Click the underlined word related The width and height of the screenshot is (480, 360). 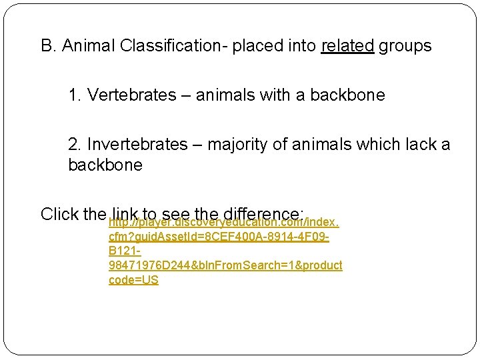(x=347, y=46)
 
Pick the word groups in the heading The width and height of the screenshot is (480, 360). (x=405, y=46)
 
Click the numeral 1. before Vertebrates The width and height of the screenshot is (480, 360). (x=75, y=95)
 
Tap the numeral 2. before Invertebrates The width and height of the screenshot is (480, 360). (x=75, y=145)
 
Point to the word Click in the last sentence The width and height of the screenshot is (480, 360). (x=60, y=214)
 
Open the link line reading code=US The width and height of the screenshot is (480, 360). (x=133, y=280)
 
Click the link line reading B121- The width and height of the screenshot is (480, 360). (x=124, y=251)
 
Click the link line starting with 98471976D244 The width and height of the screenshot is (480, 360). (x=225, y=265)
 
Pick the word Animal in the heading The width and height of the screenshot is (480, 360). (x=91, y=46)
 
